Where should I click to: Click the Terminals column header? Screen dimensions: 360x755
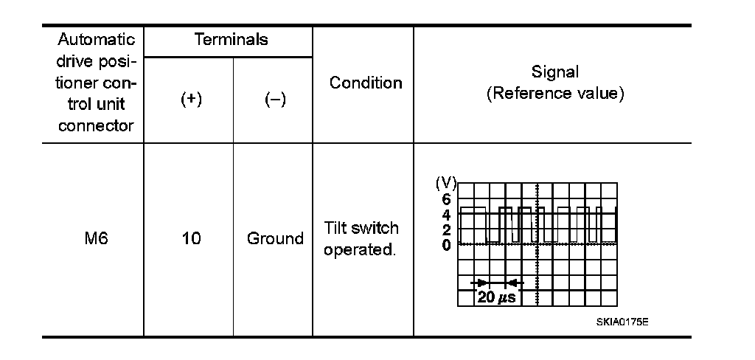pyautogui.click(x=231, y=40)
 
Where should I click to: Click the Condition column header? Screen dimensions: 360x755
pyautogui.click(x=366, y=83)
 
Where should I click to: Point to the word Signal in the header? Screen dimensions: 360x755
pyautogui.click(x=555, y=72)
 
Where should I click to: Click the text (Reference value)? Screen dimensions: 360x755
pyautogui.click(x=555, y=94)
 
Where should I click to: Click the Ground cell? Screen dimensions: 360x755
pyautogui.click(x=275, y=239)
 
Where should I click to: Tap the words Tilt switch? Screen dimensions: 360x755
pyautogui.click(x=361, y=228)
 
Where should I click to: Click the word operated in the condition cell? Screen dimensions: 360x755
pyautogui.click(x=360, y=249)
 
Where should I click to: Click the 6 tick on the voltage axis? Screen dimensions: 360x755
pyautogui.click(x=446, y=199)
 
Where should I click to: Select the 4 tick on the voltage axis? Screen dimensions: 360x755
pyautogui.click(x=446, y=215)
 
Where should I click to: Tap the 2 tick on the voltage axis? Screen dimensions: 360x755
pyautogui.click(x=446, y=229)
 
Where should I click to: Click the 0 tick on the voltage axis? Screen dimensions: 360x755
pyautogui.click(x=446, y=244)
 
